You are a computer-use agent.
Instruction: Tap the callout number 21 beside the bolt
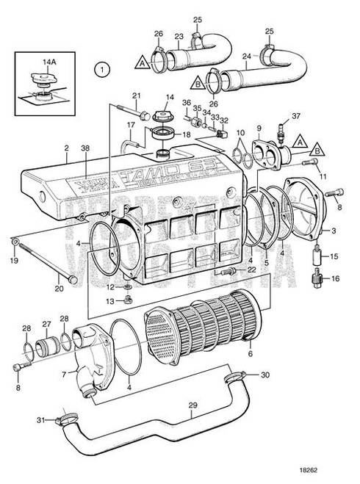click(136, 96)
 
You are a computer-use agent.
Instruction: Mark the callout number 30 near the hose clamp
click(265, 375)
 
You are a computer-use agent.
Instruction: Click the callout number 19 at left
click(14, 260)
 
